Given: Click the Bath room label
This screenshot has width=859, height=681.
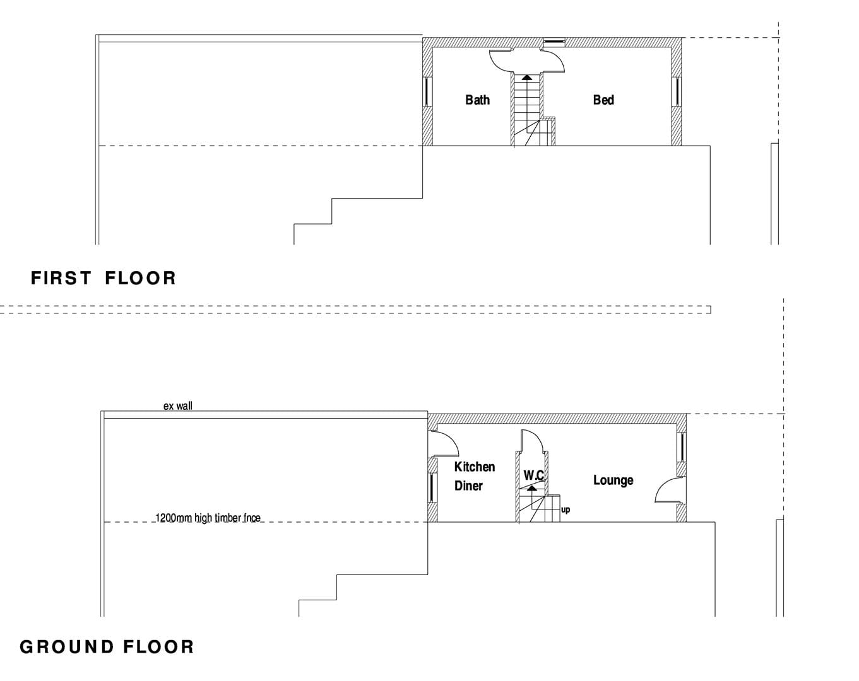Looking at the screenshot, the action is pos(477,100).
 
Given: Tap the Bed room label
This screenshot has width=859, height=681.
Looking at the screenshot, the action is pos(603,100).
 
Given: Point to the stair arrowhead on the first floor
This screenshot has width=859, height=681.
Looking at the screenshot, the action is pos(527,77).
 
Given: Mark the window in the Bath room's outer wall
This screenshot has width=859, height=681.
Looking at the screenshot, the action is pos(427,91).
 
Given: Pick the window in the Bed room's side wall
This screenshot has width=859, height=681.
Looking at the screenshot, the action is pos(677,91).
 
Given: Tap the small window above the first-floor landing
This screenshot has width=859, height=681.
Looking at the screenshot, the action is pos(555,41).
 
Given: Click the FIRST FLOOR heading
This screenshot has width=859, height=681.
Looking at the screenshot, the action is pos(104,278).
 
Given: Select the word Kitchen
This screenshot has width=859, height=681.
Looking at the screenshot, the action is pos(475,467).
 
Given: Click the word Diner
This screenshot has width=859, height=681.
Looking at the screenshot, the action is pos(468,486).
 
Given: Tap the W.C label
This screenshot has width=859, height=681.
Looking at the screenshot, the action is pos(534,475).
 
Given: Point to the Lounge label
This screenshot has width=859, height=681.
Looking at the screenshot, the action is pos(613,480).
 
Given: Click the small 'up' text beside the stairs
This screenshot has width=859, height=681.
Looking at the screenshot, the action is pos(566,510).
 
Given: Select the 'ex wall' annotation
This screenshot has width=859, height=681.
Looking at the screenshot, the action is pos(177,406).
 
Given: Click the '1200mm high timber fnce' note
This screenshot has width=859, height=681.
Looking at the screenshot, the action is pos(208,518).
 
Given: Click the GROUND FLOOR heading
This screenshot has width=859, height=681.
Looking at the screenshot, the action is pos(107,647).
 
